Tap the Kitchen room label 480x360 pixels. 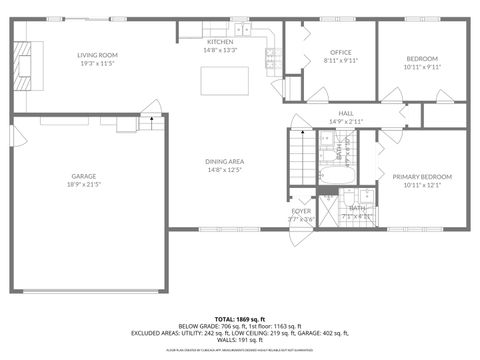click(220, 41)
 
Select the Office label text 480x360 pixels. click(328, 52)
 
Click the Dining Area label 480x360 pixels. click(225, 162)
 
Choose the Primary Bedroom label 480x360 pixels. click(421, 177)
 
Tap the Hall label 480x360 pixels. click(346, 113)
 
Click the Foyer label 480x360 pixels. click(300, 211)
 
